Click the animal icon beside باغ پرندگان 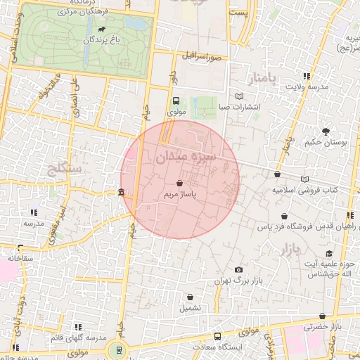[103, 30]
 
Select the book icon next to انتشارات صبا [240, 96]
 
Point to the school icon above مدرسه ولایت [307, 76]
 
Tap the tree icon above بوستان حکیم [326, 131]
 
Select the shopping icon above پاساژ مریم [181, 182]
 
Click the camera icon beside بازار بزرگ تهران [239, 270]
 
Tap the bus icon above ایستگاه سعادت [217, 336]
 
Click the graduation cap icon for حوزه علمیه [328, 254]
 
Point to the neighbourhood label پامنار [257, 75]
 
